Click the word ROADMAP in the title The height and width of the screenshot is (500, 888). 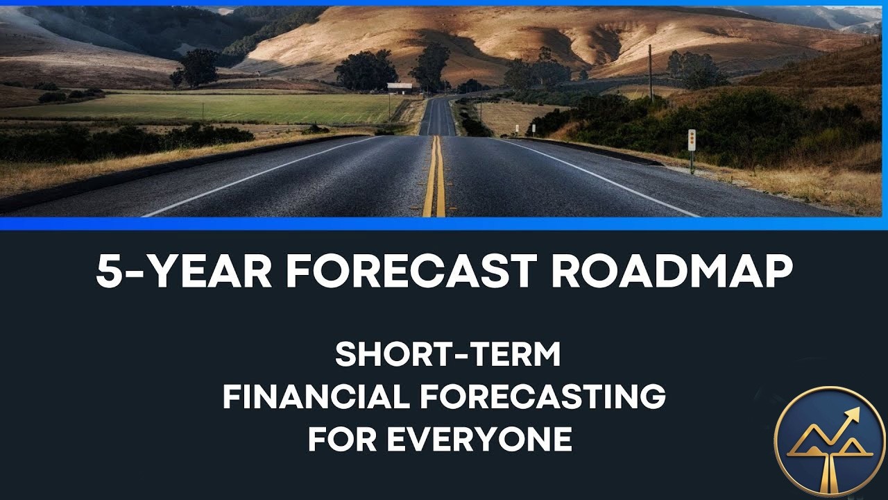pos(672,272)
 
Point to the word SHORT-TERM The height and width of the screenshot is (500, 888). pos(447,355)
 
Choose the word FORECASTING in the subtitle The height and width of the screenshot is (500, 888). pos(543,397)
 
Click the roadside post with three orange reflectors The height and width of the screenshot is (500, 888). pos(692,141)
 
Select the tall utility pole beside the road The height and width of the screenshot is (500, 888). pos(650,73)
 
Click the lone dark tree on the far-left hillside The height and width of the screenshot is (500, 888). pos(198,67)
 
